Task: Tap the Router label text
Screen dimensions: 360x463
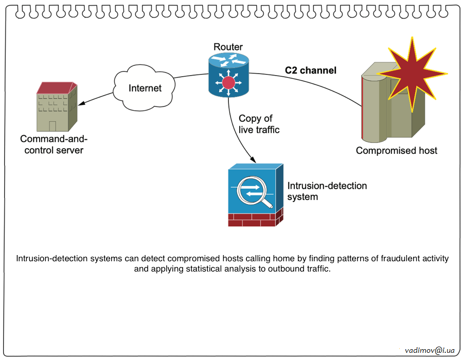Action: (x=228, y=47)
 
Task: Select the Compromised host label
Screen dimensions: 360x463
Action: (x=396, y=151)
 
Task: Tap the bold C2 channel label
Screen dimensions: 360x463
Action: (x=311, y=70)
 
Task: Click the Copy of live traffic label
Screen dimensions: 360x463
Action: (x=259, y=124)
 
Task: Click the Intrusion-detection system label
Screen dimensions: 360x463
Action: (x=327, y=191)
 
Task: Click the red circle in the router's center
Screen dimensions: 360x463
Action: (x=228, y=83)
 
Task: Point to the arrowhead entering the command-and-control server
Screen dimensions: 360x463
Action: (x=81, y=105)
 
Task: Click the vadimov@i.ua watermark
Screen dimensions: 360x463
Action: (x=430, y=350)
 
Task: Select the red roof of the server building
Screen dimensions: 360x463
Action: (x=56, y=87)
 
